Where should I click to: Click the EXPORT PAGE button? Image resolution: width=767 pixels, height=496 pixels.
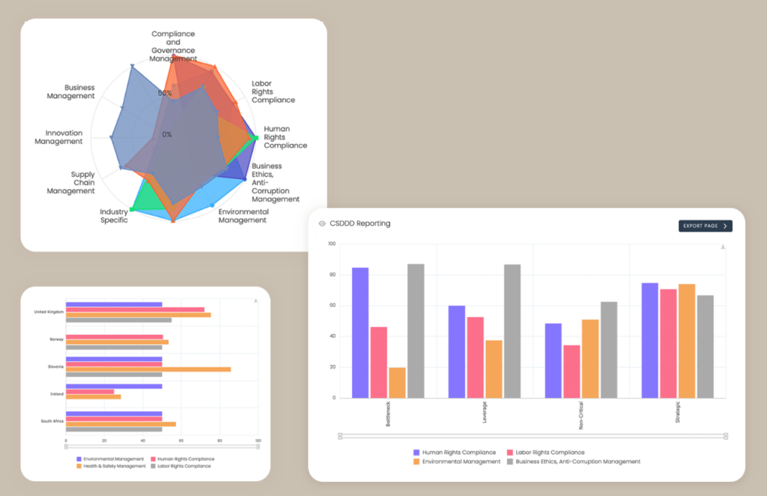coord(705,226)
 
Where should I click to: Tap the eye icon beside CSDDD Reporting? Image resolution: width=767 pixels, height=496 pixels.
coord(322,223)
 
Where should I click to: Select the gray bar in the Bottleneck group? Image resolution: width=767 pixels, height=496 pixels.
coord(416,330)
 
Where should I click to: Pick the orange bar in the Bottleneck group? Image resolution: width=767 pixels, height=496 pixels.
coord(397,382)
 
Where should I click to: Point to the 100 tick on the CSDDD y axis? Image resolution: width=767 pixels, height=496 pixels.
coord(332,244)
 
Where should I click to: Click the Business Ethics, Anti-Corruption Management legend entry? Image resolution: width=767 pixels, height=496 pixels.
coord(573,462)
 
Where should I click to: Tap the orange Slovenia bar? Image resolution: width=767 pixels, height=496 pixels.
coord(148,369)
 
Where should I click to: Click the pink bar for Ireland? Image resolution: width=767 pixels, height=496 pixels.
coord(90,391)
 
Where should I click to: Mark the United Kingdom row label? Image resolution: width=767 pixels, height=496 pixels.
coord(49,312)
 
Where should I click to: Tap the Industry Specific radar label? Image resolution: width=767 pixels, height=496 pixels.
coord(114,216)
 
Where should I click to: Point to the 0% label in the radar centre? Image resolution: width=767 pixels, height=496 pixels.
coord(166,134)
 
